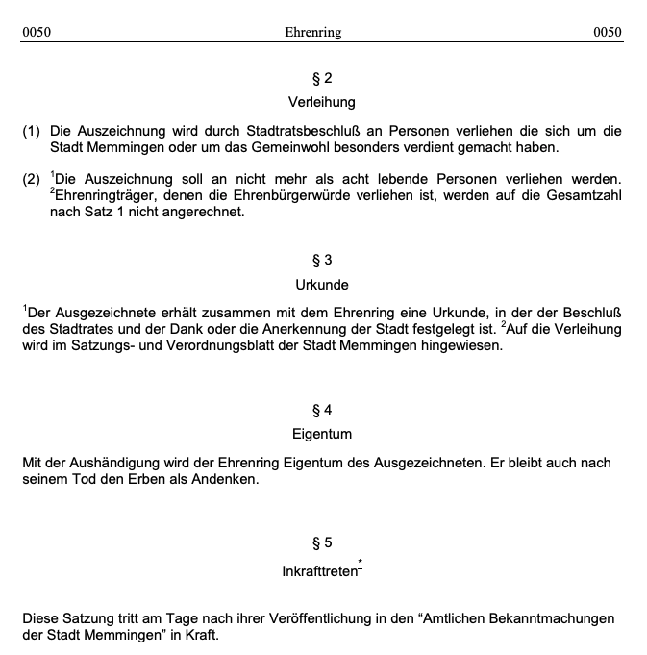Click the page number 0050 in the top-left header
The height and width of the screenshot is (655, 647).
[x=37, y=32]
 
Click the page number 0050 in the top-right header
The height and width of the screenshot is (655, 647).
[x=608, y=32]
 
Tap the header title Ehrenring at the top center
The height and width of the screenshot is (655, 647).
[x=313, y=32]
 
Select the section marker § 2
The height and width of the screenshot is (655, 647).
[x=322, y=78]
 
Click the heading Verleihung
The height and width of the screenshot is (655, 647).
[x=322, y=101]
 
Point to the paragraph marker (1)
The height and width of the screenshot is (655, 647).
[x=32, y=131]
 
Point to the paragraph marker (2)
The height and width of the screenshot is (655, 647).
[x=32, y=180]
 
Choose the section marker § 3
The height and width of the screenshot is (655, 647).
[x=322, y=260]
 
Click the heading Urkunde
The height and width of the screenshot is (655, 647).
[x=322, y=285]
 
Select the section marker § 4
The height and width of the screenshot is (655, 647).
[x=322, y=410]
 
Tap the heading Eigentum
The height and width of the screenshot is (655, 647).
[x=322, y=434]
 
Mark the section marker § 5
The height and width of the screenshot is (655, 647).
[x=322, y=542]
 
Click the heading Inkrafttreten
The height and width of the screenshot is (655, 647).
[x=318, y=571]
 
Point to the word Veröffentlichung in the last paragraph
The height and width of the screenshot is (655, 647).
[x=324, y=618]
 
